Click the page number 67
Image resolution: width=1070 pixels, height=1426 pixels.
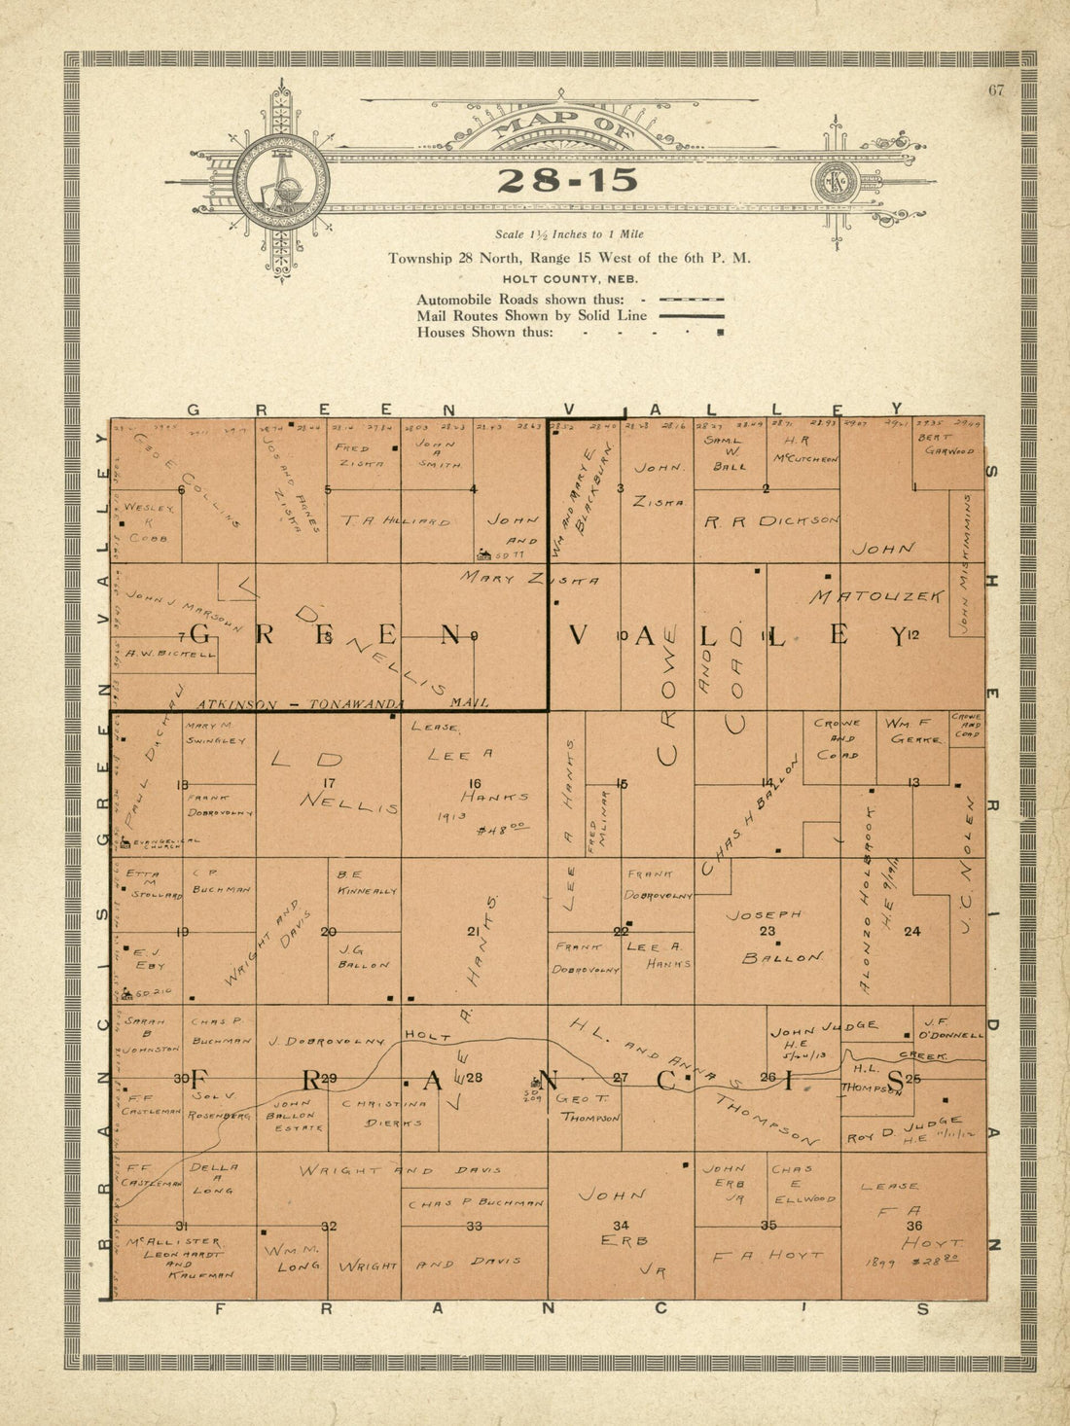(996, 91)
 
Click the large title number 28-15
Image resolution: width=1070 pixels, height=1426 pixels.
(568, 180)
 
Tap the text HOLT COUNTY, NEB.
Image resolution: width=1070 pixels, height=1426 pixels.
(569, 279)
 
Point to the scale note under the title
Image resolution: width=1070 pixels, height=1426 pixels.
(569, 234)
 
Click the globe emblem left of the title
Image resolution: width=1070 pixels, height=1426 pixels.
(281, 182)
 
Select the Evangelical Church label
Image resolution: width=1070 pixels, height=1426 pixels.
(161, 842)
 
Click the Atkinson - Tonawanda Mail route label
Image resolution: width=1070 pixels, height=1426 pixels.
(340, 702)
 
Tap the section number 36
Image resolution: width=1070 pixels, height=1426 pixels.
(913, 1226)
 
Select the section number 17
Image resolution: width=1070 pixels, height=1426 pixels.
(329, 782)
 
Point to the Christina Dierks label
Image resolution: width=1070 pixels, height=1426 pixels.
(386, 1112)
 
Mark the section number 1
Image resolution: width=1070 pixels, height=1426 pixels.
(914, 488)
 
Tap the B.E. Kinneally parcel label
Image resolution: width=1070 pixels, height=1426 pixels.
(367, 882)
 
